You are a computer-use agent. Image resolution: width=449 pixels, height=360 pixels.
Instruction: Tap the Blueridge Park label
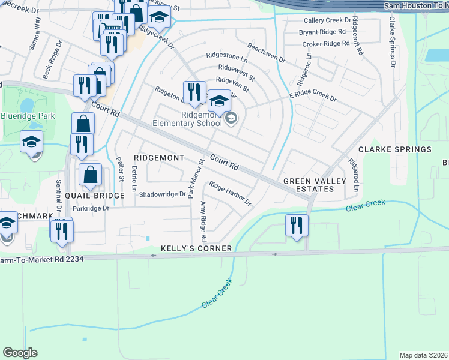[x=28, y=116]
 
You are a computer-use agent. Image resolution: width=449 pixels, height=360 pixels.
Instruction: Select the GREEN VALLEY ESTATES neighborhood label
[x=309, y=185]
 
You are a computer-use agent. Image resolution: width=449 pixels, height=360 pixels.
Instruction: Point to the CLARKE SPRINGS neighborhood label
[x=395, y=149]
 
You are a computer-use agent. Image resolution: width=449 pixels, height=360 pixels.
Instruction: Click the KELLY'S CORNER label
[x=196, y=248]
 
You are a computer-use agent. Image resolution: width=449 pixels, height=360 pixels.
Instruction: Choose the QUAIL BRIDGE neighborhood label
[x=90, y=194]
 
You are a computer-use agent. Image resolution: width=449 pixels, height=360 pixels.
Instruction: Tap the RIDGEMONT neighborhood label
[x=159, y=157]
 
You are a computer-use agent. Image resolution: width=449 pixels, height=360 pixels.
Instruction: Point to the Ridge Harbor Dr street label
[x=230, y=194]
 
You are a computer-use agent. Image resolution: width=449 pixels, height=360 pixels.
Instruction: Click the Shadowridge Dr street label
[x=162, y=194]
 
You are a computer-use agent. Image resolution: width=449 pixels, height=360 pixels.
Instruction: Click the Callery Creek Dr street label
[x=326, y=20]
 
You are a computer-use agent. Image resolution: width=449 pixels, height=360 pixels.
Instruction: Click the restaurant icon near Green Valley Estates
[x=297, y=226]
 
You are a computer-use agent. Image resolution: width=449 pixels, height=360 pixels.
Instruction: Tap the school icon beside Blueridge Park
[x=31, y=143]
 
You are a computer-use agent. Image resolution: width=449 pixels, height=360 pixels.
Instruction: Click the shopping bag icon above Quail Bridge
[x=90, y=175]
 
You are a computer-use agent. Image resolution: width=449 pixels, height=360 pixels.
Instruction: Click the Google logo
[x=20, y=353]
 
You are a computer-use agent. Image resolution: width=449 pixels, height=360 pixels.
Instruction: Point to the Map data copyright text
[x=423, y=355]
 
